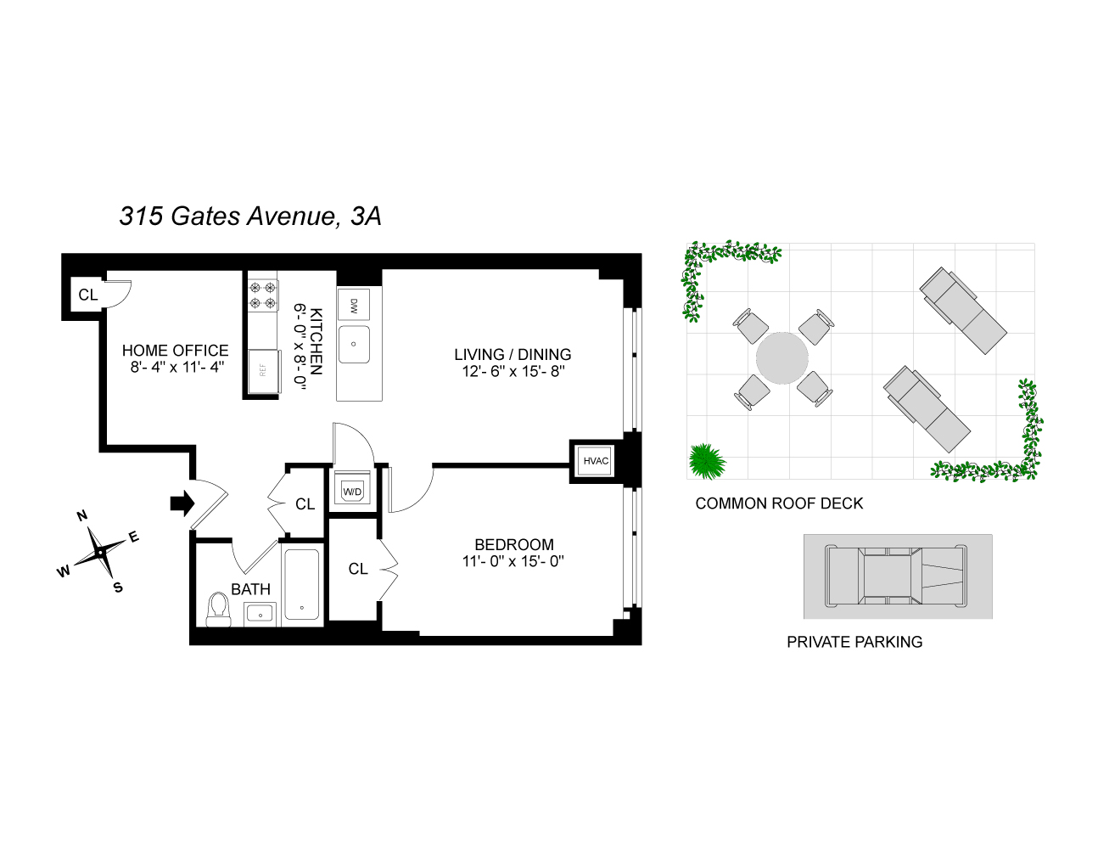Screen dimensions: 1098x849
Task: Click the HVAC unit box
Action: [x=596, y=461]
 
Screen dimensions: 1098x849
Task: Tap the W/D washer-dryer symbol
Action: [x=351, y=491]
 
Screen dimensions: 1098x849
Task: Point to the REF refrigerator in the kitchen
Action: [x=262, y=371]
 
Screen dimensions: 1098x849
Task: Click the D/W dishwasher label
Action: [x=354, y=305]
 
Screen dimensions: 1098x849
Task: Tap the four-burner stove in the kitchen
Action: [x=263, y=294]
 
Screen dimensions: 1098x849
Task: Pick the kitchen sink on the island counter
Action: [x=354, y=344]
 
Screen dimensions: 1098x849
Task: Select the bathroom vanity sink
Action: [x=260, y=612]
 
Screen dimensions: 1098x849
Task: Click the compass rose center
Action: [x=100, y=552]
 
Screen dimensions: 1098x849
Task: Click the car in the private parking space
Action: [x=897, y=576]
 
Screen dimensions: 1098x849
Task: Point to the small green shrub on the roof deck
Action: [x=706, y=462]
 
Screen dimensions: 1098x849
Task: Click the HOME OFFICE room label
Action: [x=175, y=350]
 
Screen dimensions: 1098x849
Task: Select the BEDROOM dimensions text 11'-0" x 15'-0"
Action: [x=513, y=561]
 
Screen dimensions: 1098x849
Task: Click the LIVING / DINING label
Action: [x=513, y=355]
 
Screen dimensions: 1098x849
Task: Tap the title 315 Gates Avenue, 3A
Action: [x=250, y=216]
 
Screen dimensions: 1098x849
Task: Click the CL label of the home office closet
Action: [x=87, y=295]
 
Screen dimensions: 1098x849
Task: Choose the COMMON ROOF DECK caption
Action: [x=779, y=503]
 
